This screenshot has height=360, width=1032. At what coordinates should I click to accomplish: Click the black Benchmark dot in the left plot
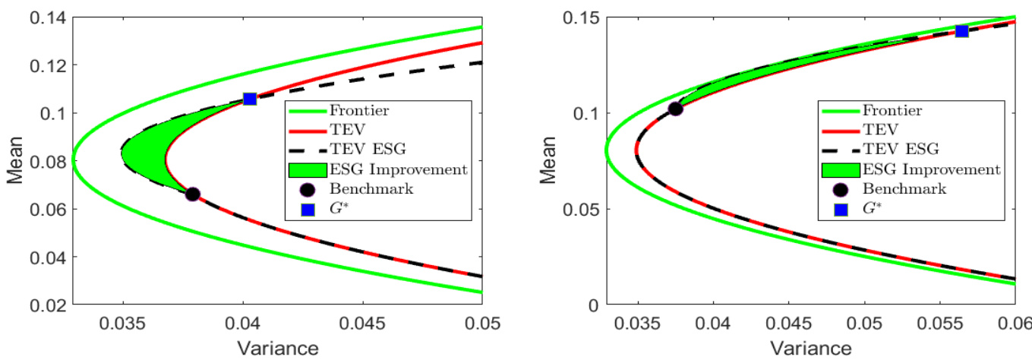(193, 194)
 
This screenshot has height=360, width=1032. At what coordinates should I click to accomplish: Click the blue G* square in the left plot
(249, 99)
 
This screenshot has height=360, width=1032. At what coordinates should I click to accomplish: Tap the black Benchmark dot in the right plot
(675, 109)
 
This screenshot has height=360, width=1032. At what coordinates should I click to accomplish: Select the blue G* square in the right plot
(961, 31)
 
